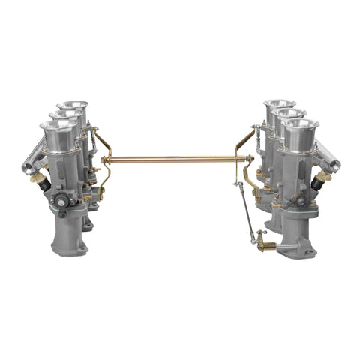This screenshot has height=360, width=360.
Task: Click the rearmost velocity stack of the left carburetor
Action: (x=72, y=108)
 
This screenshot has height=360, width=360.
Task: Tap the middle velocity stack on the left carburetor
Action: (x=66, y=120)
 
